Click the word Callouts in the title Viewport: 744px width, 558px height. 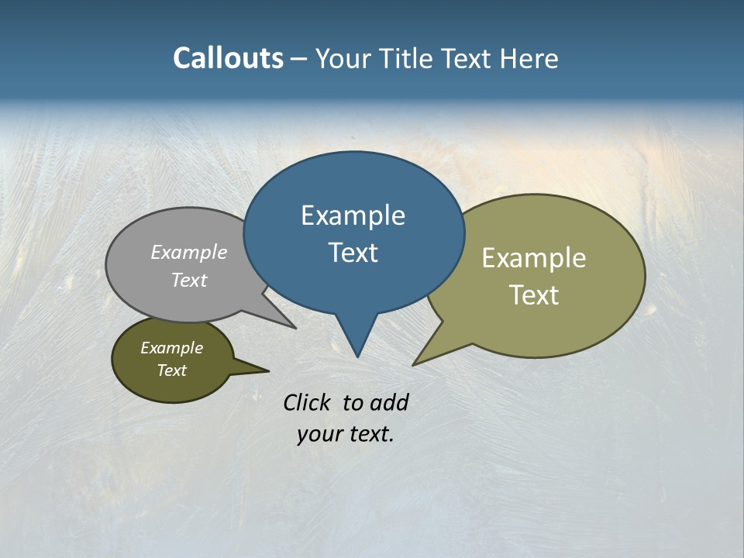coord(228,58)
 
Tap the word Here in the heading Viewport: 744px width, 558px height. coord(529,59)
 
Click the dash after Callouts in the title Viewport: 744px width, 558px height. coord(299,59)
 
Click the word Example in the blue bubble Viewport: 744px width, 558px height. coord(353,215)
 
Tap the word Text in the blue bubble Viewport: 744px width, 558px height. coord(353,253)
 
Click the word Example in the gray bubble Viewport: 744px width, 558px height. coord(189,252)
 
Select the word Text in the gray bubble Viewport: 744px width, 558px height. coord(189,280)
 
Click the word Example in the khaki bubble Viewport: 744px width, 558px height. coord(534,258)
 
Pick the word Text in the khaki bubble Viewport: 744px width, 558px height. coord(534,295)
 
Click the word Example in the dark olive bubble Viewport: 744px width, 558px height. coord(171,348)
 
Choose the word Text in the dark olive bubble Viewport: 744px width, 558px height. coord(171,370)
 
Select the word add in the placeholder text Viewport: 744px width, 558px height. coord(388,402)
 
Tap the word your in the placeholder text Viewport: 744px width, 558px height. coord(319,435)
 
